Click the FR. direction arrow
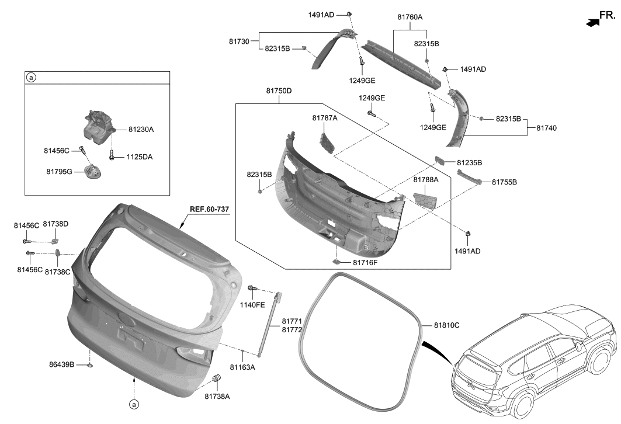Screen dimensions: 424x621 (593, 23)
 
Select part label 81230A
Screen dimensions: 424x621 (141, 129)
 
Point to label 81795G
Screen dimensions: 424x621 (60, 172)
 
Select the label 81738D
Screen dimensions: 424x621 (55, 224)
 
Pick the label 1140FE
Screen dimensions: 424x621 (253, 304)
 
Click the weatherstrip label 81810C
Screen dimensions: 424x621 (446, 325)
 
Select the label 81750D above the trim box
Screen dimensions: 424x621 (279, 91)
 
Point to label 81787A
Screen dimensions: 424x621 (325, 118)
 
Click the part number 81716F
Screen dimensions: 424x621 (365, 263)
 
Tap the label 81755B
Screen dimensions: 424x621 (504, 182)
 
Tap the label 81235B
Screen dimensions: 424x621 (469, 162)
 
